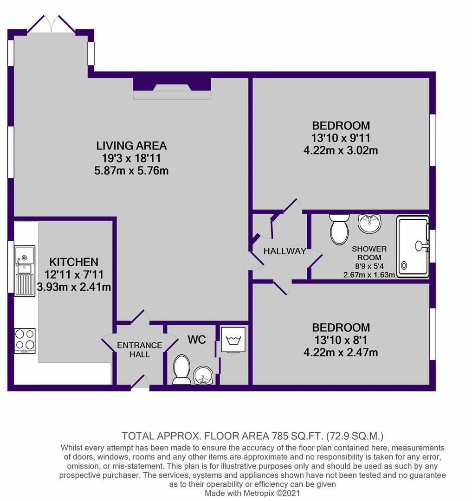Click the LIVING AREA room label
pos(131,146)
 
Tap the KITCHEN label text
pos(74,262)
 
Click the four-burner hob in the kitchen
pos(25,340)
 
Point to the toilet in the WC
pos(181,370)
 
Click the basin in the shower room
pos(369,223)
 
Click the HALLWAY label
pos(284,251)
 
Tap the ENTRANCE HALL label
pos(140,350)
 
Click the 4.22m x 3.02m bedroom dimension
pos(341,151)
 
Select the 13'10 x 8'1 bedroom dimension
pos(341,340)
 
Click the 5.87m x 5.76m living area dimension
pos(131,170)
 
